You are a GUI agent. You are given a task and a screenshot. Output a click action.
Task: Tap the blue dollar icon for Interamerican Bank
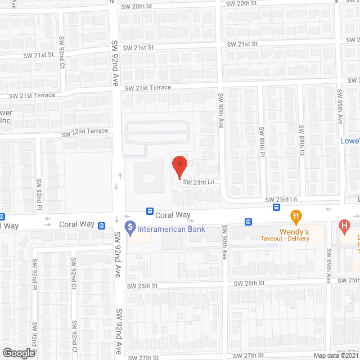(130, 229)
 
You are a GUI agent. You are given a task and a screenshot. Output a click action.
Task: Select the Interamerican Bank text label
(172, 229)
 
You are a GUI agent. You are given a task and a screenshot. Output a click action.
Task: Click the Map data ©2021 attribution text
(336, 355)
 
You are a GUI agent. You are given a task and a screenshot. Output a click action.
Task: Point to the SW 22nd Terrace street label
(84, 132)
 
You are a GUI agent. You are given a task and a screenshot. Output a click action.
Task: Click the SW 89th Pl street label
(262, 141)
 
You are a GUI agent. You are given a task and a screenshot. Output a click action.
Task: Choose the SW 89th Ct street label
(301, 141)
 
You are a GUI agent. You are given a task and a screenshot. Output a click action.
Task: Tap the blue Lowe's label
(350, 141)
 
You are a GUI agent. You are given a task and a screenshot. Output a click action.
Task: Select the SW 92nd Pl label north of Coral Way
(39, 194)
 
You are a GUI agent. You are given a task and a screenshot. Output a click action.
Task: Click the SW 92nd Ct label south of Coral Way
(74, 272)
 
